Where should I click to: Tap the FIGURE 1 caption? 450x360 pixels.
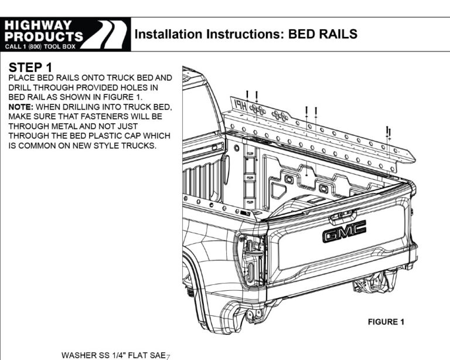pos(386,322)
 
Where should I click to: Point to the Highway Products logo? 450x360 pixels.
pos(64,35)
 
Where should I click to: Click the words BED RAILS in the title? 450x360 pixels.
pos(323,35)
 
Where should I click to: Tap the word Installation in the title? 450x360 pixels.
pos(169,35)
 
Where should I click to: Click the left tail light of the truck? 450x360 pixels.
pos(249,258)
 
